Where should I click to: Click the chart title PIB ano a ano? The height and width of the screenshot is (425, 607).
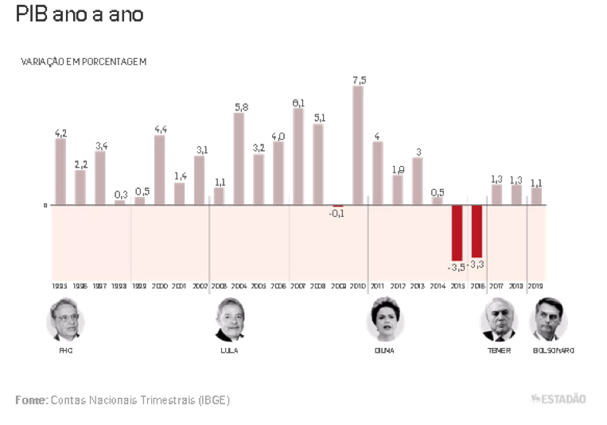pyautogui.click(x=80, y=14)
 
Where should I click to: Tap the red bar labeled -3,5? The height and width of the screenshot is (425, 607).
pyautogui.click(x=457, y=230)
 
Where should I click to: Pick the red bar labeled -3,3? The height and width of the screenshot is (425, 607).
pyautogui.click(x=477, y=230)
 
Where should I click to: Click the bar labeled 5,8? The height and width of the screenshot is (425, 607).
pyautogui.click(x=239, y=159)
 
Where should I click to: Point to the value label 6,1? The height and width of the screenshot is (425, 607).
pyautogui.click(x=298, y=103)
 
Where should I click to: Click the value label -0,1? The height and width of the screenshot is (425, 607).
pyautogui.click(x=337, y=214)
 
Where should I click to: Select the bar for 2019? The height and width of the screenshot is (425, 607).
pyautogui.click(x=536, y=195)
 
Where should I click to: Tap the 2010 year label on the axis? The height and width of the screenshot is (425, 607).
pyautogui.click(x=358, y=285)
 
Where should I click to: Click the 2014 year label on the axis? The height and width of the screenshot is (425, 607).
pyautogui.click(x=438, y=285)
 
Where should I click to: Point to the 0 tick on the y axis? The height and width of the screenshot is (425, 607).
pyautogui.click(x=45, y=205)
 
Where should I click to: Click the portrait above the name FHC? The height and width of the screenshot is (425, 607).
pyautogui.click(x=65, y=320)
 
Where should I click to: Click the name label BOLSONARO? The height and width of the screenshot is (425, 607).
pyautogui.click(x=553, y=350)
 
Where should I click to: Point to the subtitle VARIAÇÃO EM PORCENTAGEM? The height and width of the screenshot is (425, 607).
pyautogui.click(x=84, y=61)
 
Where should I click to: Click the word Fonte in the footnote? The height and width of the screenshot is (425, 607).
pyautogui.click(x=31, y=400)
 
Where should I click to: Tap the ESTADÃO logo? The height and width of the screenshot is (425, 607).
pyautogui.click(x=558, y=399)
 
